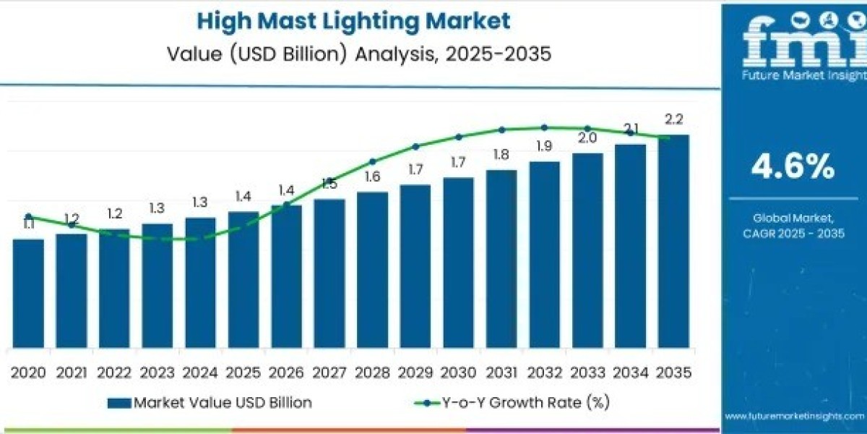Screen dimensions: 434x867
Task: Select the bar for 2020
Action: pos(28,293)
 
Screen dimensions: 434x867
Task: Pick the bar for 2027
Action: pos(329,273)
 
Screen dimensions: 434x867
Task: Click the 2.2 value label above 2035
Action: pos(673,120)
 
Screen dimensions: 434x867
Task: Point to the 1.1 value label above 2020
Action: pos(28,225)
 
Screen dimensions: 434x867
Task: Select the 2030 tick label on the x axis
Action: pos(458,373)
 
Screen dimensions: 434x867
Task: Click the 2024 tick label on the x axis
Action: pos(200,373)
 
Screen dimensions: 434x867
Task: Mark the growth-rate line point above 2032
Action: pos(544,127)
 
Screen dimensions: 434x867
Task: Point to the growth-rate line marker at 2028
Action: pos(373,161)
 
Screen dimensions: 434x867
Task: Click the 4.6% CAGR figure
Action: pos(793,168)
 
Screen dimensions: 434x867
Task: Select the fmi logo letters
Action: pos(793,40)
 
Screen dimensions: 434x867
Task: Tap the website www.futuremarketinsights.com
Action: pos(794,416)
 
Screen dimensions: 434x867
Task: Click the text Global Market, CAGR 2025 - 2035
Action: pos(793,225)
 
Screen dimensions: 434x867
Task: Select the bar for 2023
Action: pos(157,285)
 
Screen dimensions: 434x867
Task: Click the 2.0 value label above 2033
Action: pos(587,138)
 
